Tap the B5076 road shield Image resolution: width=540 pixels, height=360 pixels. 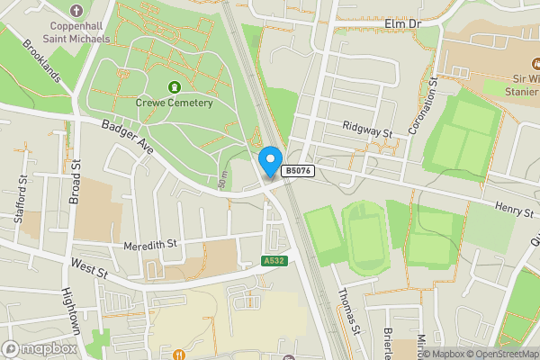tap(298, 170)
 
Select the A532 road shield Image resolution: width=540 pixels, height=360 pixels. tap(274, 261)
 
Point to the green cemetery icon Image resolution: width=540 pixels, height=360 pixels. tap(173, 87)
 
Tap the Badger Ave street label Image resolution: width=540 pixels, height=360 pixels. tap(130, 139)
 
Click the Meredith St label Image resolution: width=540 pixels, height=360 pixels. tap(150, 244)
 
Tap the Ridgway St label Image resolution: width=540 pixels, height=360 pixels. tap(370, 132)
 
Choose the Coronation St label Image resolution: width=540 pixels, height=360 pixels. tap(422, 107)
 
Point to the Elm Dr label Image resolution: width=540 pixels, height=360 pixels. tap(402, 22)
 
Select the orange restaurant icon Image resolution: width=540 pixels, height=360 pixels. tap(178, 354)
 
